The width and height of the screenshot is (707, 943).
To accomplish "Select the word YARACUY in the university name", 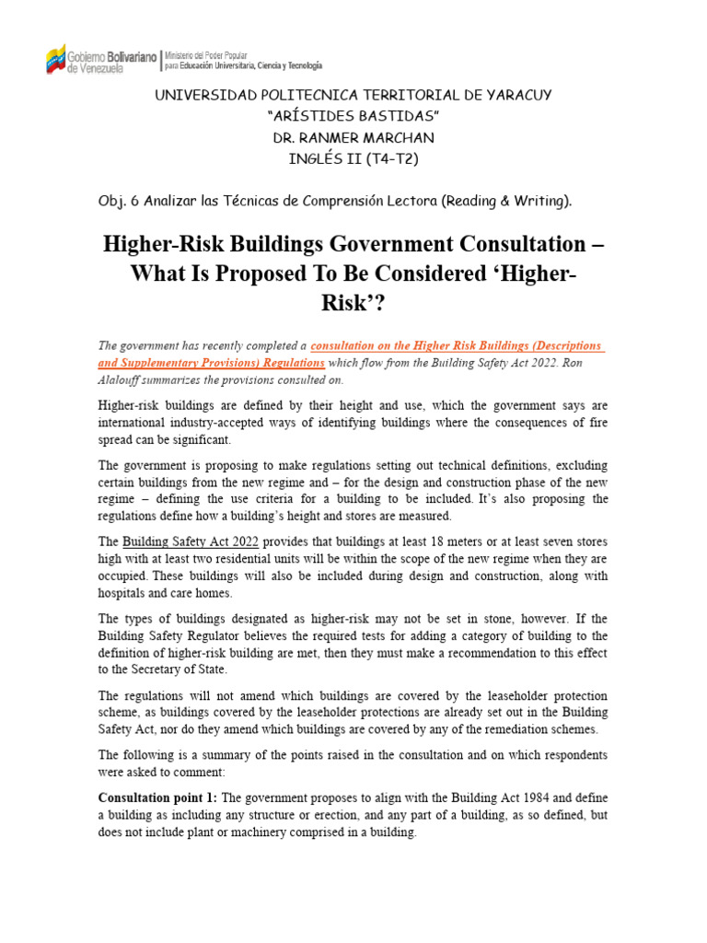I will point(518,95).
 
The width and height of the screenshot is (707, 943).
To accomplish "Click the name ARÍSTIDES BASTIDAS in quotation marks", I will point(353,116).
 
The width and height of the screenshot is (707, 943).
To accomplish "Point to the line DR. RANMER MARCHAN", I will point(353,137).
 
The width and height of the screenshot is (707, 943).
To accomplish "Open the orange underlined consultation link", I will point(457,345).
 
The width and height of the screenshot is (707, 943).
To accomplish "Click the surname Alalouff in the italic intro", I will point(124,378).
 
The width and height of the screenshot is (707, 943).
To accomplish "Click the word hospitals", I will point(127,593).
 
